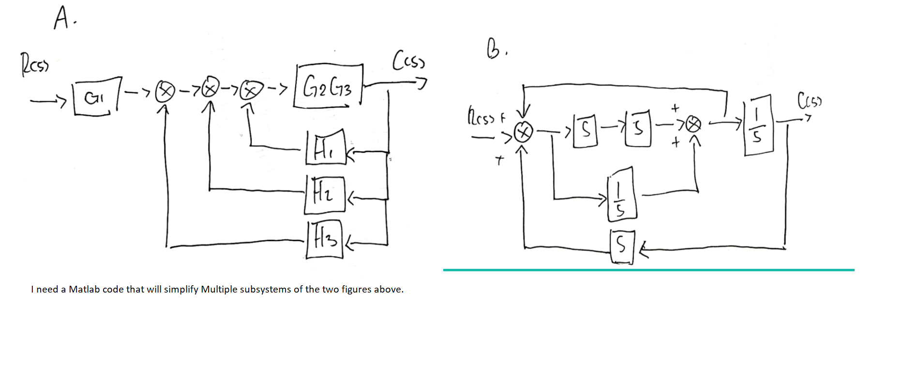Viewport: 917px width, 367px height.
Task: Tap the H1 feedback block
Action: [326, 148]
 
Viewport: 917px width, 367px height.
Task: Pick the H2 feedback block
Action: [324, 194]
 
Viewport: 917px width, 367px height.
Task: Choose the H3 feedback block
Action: [325, 239]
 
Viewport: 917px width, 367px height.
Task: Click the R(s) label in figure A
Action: [34, 65]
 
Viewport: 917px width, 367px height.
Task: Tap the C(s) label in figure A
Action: [408, 60]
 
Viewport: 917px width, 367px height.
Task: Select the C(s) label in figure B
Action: [809, 101]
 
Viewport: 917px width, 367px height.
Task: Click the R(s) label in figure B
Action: [482, 117]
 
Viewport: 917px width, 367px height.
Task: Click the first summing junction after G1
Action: [165, 92]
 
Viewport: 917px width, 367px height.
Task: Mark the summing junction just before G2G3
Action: [250, 90]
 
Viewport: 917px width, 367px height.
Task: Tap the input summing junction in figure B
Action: [523, 132]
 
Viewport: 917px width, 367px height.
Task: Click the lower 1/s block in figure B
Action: [621, 194]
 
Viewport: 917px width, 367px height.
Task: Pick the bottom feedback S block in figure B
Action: [622, 246]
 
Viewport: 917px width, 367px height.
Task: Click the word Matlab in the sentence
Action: [84, 289]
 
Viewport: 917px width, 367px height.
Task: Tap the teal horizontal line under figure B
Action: [648, 270]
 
